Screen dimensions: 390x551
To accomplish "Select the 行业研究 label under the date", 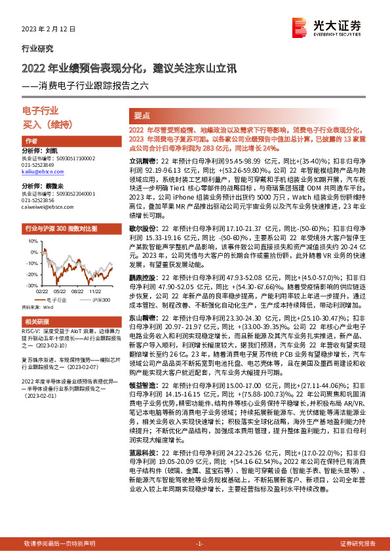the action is pyautogui.click(x=38, y=48).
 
